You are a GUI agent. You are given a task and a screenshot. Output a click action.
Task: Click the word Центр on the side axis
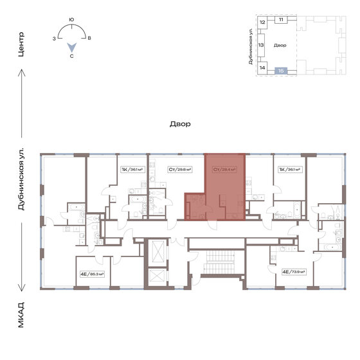(x=21, y=45)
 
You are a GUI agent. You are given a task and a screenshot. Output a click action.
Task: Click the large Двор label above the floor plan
(x=180, y=125)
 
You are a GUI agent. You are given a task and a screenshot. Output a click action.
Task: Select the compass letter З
(x=54, y=39)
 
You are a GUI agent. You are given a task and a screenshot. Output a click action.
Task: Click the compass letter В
(x=89, y=39)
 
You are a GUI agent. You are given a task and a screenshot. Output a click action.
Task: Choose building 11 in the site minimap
(x=281, y=21)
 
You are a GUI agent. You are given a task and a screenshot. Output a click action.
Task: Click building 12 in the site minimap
(x=262, y=22)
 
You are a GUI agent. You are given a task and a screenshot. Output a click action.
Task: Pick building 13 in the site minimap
(x=262, y=46)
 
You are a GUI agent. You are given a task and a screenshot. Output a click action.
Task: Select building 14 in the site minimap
(x=262, y=67)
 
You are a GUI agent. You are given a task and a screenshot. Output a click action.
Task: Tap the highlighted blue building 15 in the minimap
(x=281, y=70)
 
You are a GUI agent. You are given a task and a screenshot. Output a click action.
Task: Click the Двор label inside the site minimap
(x=280, y=46)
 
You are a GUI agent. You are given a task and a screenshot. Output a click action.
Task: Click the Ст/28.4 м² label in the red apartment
(x=224, y=170)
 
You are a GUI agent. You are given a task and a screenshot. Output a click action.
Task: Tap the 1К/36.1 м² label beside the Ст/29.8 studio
(x=132, y=170)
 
